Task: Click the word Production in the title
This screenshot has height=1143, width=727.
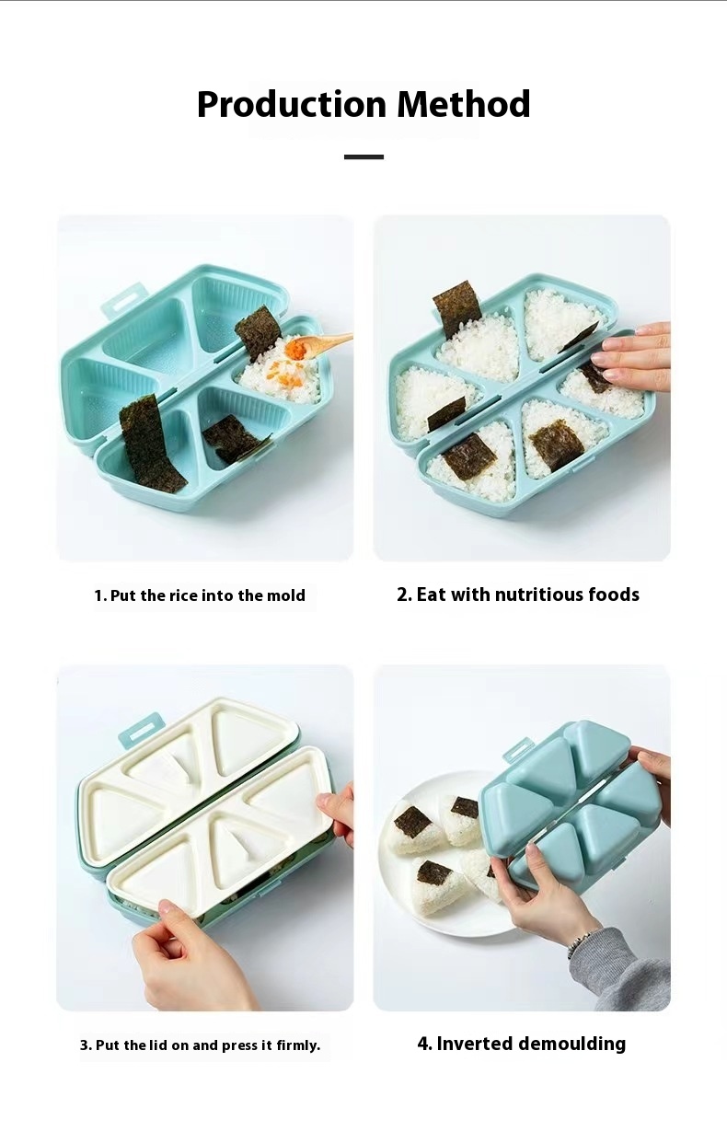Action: pyautogui.click(x=292, y=104)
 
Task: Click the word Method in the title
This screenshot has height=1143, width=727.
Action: pyautogui.click(x=463, y=104)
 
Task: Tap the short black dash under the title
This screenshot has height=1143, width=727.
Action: pyautogui.click(x=363, y=156)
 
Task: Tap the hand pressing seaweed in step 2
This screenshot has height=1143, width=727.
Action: pyautogui.click(x=635, y=356)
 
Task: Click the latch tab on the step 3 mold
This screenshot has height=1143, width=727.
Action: pyautogui.click(x=143, y=731)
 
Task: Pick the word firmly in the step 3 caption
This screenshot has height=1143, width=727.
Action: pyautogui.click(x=298, y=1045)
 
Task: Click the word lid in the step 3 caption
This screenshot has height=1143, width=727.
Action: pyautogui.click(x=157, y=1045)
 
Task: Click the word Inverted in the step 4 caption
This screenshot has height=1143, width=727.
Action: pyautogui.click(x=474, y=1044)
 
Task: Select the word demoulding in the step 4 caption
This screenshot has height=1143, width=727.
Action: pyautogui.click(x=571, y=1044)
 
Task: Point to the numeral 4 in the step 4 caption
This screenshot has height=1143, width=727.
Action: pyautogui.click(x=424, y=1044)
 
